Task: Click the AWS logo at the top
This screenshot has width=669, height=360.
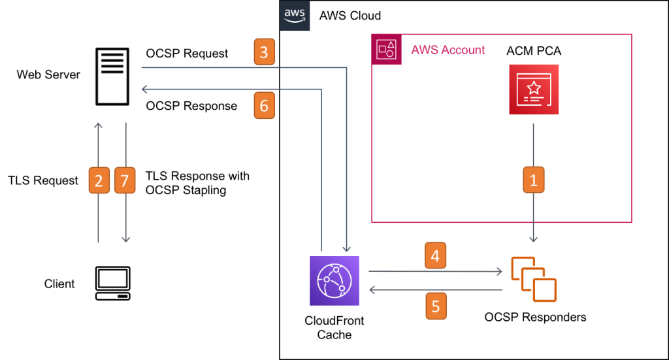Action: click(295, 16)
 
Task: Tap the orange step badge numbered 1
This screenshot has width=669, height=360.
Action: click(533, 180)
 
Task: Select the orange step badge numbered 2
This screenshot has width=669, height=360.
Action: click(99, 181)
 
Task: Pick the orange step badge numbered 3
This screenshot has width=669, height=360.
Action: click(264, 52)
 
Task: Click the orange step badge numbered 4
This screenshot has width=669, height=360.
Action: click(436, 255)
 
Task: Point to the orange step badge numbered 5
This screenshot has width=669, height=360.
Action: click(436, 306)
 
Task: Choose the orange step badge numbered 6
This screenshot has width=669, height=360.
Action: click(264, 106)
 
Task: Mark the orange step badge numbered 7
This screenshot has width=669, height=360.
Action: click(125, 181)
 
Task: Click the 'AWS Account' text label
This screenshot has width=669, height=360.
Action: click(448, 50)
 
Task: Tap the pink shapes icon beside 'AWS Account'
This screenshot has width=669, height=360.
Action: click(386, 50)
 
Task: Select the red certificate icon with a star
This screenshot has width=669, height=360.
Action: click(534, 90)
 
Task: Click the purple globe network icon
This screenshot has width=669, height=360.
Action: click(334, 281)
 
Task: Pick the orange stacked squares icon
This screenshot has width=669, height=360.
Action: click(534, 280)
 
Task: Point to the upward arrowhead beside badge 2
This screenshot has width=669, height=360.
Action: click(98, 125)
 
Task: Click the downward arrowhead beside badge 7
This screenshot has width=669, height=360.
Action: click(125, 240)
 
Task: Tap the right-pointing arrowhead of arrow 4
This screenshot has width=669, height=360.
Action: click(499, 270)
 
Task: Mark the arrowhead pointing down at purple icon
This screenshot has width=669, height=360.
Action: click(346, 249)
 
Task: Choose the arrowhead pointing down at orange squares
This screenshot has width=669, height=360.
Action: click(534, 240)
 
